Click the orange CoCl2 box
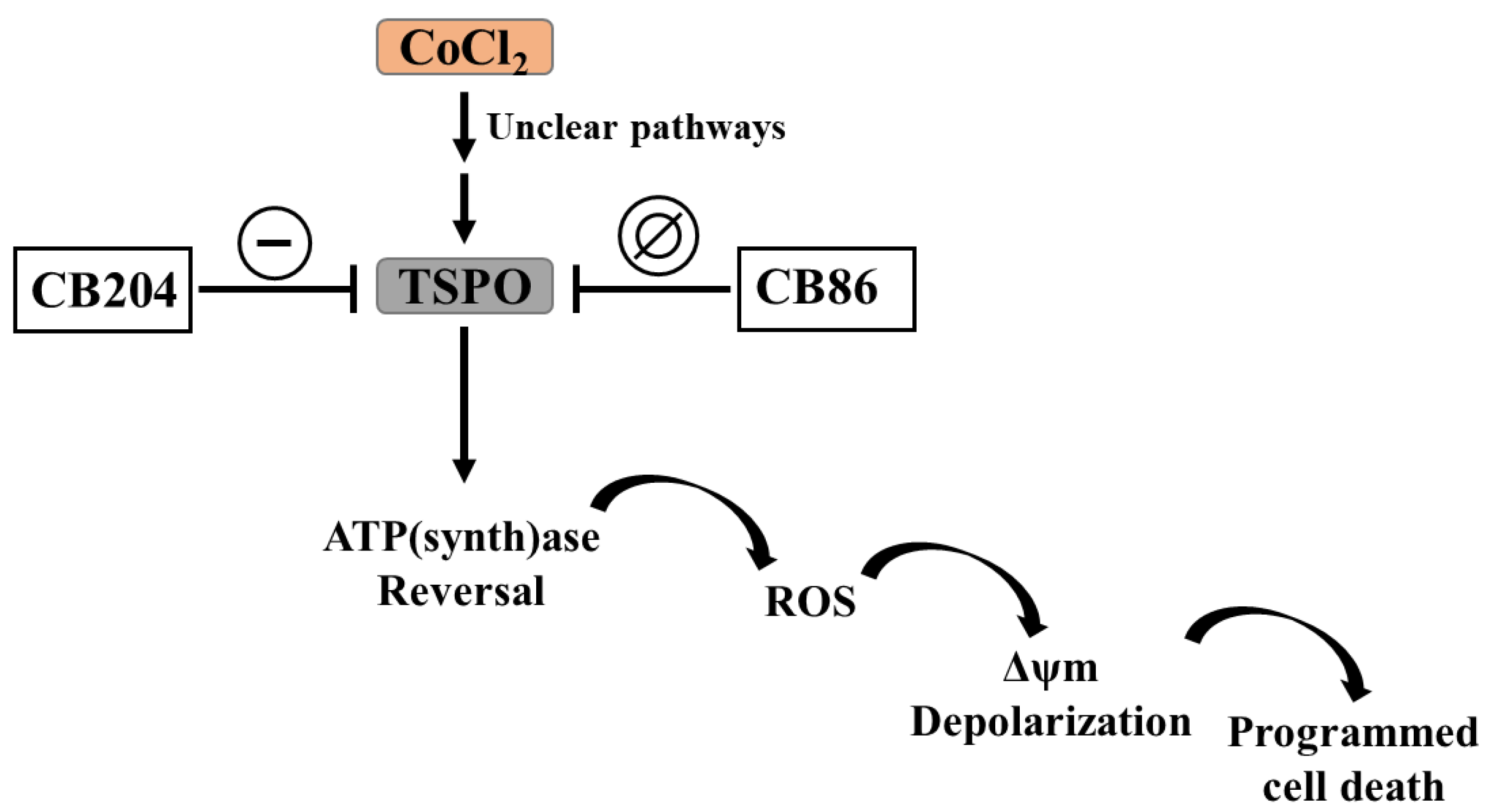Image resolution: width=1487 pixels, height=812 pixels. (x=465, y=47)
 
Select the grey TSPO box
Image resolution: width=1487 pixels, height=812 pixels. (x=465, y=286)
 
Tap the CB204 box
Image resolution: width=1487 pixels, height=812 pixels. (x=103, y=290)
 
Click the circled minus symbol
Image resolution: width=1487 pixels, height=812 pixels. (x=275, y=243)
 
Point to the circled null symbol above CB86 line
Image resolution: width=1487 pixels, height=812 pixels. (x=658, y=236)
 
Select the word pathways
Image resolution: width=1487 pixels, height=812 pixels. (x=708, y=128)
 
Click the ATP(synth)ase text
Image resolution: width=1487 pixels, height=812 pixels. (x=461, y=538)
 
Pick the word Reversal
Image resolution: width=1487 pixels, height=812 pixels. (x=461, y=591)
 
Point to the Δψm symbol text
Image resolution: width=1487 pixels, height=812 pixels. (x=1050, y=669)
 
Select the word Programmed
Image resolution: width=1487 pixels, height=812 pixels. (x=1352, y=733)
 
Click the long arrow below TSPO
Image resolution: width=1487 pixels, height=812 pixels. (x=464, y=404)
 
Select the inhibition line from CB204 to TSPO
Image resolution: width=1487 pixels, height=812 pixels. (x=277, y=289)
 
